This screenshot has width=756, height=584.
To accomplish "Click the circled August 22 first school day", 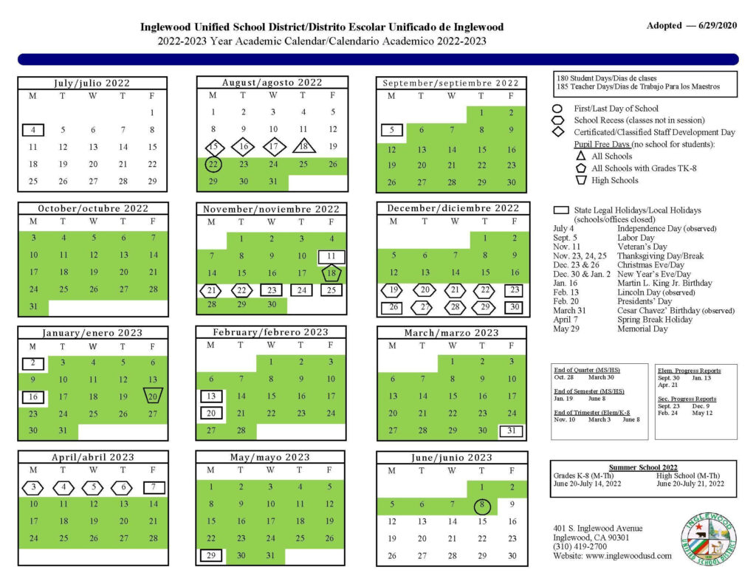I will click(x=213, y=164).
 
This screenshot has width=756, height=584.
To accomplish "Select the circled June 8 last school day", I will click(x=481, y=505).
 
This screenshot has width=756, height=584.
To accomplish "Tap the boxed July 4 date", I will click(x=32, y=130).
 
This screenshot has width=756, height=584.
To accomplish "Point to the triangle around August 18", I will click(x=303, y=146).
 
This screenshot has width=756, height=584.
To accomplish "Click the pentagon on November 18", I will click(x=331, y=273).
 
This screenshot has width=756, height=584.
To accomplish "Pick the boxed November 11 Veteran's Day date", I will click(x=331, y=256).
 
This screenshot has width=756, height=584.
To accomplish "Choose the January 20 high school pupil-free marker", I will click(x=153, y=396).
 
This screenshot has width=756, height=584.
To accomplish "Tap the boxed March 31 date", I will click(x=512, y=430).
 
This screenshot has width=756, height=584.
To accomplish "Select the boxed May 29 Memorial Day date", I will click(x=211, y=555).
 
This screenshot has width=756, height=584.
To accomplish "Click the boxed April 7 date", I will click(x=153, y=487).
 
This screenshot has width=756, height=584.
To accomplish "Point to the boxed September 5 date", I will click(x=391, y=131).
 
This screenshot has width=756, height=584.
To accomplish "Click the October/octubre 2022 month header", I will click(x=93, y=209).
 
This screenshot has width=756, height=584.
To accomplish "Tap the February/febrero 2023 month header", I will click(x=271, y=332).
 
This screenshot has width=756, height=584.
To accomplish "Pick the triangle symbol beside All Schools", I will click(x=581, y=157).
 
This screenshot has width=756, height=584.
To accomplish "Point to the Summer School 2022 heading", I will click(x=643, y=467).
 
